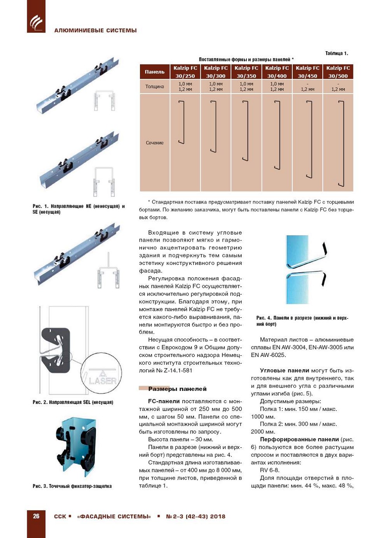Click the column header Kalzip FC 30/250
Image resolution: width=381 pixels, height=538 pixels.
185,72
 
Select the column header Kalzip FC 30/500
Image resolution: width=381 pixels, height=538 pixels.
338,72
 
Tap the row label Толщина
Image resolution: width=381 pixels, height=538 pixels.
155,87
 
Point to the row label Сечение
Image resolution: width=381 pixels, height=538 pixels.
155,143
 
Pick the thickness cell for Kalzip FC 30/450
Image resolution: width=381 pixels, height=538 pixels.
308,87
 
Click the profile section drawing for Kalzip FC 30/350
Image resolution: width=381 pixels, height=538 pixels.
246,131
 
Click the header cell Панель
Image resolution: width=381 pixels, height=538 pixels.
155,72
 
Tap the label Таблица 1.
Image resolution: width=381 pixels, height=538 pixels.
337,53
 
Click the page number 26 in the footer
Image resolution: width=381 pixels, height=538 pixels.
36,516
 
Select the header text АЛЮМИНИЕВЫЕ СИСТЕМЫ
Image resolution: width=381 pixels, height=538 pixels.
96,30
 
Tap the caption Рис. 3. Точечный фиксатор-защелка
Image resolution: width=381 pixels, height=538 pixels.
72,486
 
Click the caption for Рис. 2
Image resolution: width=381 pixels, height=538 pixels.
73,402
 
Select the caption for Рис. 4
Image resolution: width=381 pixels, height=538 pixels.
302,321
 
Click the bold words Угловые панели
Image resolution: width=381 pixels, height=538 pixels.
285,371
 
